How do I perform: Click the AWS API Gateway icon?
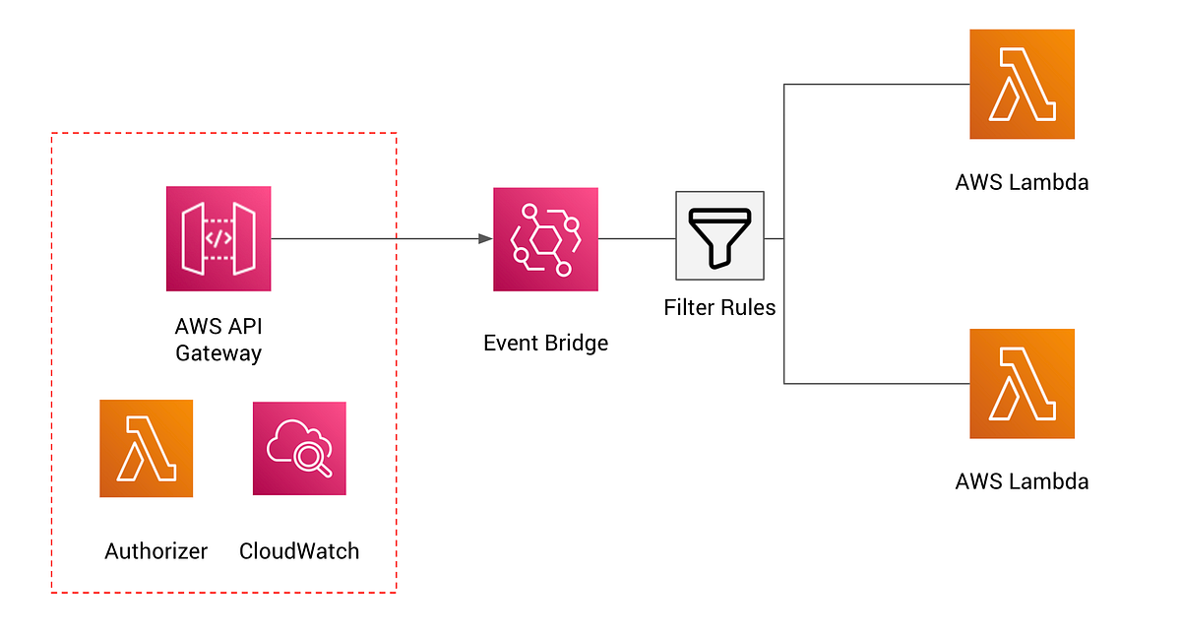coord(218,238)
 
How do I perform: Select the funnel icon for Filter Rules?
coord(719,235)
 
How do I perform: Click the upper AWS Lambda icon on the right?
coord(1022,85)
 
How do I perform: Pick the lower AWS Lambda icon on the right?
coord(1022,383)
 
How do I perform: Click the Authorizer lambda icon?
coord(146,448)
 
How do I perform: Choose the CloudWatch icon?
coord(299,448)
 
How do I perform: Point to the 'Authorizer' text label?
coord(155,551)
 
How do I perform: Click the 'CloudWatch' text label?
coord(299,551)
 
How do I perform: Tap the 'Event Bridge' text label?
coord(545,344)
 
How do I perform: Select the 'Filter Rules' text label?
coord(719,307)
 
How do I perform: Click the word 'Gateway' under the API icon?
coord(218,352)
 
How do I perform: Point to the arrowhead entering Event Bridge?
coord(485,238)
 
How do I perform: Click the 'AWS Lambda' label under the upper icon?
coord(1022,182)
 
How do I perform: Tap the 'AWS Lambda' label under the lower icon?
coord(1022,481)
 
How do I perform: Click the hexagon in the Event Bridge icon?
coord(544,239)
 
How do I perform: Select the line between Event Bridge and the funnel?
coord(636,238)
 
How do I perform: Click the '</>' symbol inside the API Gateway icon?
coord(218,238)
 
